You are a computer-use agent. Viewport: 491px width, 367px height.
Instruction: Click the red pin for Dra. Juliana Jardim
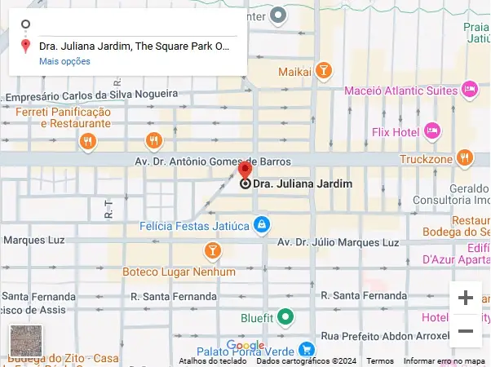(245, 170)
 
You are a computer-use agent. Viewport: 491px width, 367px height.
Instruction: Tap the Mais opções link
(64, 61)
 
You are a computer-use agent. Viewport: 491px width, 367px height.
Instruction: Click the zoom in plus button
(466, 298)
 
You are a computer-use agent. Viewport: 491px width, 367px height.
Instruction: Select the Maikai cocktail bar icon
(324, 71)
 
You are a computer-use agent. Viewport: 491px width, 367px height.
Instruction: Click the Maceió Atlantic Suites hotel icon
(469, 89)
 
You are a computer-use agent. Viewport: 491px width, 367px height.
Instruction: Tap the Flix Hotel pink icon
(432, 130)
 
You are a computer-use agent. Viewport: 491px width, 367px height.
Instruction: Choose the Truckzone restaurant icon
(465, 157)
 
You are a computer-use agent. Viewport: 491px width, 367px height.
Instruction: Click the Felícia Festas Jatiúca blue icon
(261, 223)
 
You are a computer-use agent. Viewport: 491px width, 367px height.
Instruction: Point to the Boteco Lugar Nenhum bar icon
(213, 250)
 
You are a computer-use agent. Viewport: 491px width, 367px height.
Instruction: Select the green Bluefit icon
(285, 316)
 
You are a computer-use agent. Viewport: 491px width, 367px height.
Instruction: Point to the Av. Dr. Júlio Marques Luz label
(338, 242)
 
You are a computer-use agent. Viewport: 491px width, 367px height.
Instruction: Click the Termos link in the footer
(380, 361)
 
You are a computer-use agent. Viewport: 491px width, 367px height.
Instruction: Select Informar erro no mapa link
(445, 361)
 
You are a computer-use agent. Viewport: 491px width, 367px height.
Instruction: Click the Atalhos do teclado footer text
(213, 361)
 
